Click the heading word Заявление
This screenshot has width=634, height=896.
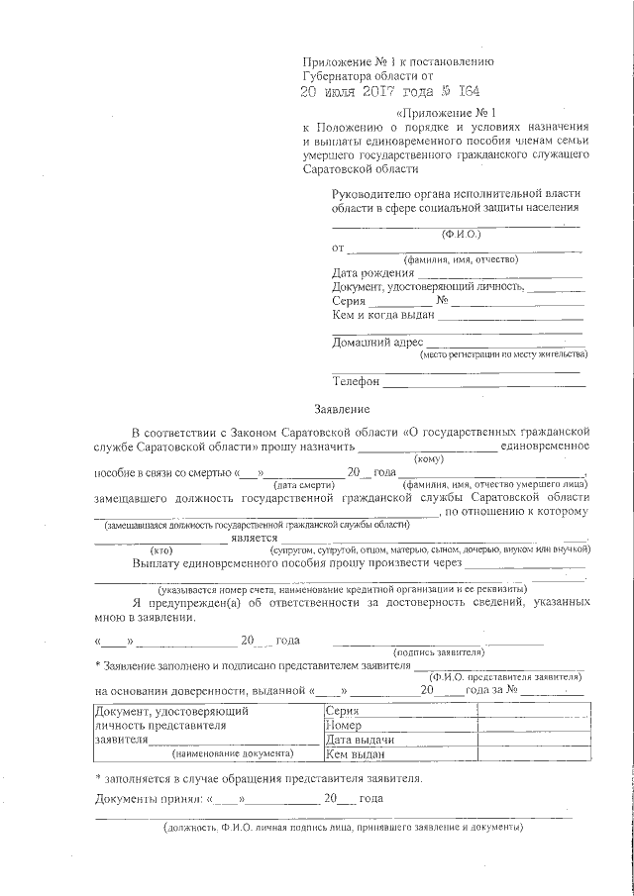(342, 408)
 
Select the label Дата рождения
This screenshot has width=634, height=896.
(372, 272)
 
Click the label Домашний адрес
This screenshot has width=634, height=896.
(376, 343)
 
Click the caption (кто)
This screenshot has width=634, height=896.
(160, 548)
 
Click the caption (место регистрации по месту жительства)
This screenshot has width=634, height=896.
(504, 353)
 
